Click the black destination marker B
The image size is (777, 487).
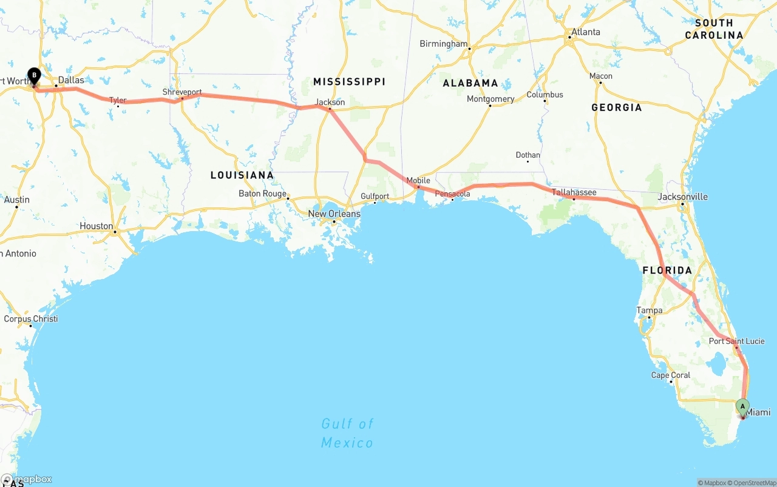(x=35, y=76)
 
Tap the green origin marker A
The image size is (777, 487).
(x=742, y=406)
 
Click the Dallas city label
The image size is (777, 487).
(x=71, y=80)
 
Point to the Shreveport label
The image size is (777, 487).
(x=182, y=92)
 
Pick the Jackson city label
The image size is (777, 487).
(x=330, y=102)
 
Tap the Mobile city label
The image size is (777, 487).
(x=418, y=181)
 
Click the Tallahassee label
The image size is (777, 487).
(x=574, y=192)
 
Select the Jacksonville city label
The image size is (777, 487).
(x=683, y=196)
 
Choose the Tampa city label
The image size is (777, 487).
(x=649, y=311)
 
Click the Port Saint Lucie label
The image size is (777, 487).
(x=736, y=341)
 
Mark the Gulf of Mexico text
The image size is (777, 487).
(x=347, y=433)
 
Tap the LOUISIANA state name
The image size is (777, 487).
(x=242, y=175)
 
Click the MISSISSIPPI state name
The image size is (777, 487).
(x=349, y=81)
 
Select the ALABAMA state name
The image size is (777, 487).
(x=470, y=83)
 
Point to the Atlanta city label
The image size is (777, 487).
(x=585, y=32)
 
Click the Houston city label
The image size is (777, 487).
(x=96, y=226)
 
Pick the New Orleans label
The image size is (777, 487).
(x=334, y=214)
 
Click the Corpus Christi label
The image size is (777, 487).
(x=31, y=319)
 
